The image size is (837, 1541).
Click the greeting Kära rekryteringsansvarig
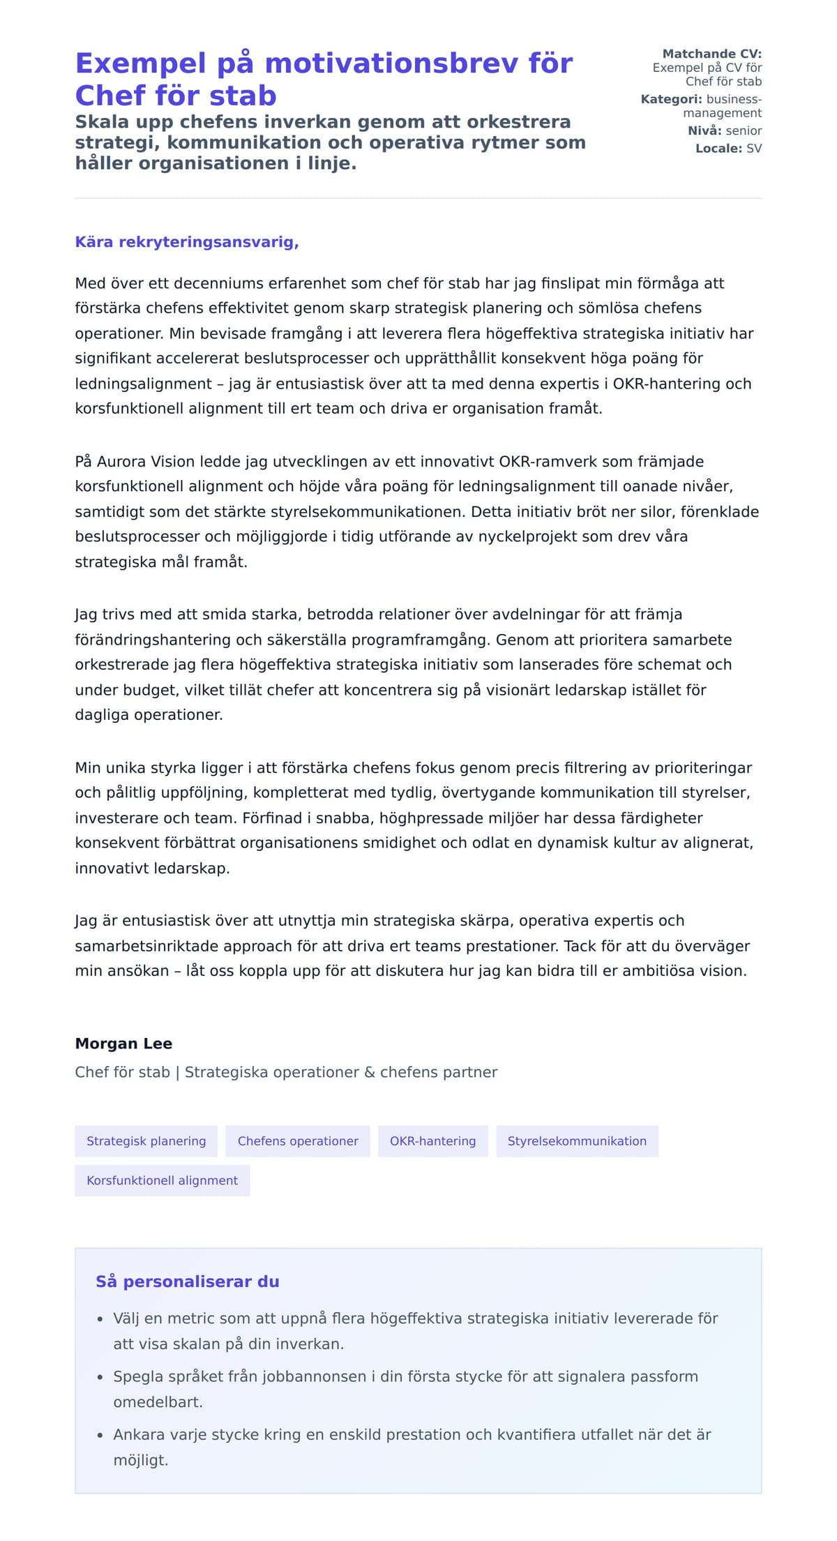click(x=186, y=242)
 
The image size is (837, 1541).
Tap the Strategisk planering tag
click(x=146, y=1141)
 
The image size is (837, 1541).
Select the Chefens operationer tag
click(x=298, y=1141)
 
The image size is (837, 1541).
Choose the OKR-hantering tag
click(x=432, y=1141)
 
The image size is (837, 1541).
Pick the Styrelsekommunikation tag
click(x=577, y=1141)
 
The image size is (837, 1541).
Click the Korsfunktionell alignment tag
click(x=162, y=1180)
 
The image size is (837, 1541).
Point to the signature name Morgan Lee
click(x=123, y=1044)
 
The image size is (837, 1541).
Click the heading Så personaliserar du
click(x=187, y=1281)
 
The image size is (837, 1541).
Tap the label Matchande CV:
click(x=711, y=54)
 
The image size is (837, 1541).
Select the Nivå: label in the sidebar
click(x=704, y=130)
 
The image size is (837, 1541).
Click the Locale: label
click(x=718, y=149)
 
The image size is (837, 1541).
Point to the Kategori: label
click(x=671, y=99)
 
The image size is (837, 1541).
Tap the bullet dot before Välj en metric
click(x=100, y=1319)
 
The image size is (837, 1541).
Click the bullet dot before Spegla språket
click(x=100, y=1377)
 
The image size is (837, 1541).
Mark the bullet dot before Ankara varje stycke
click(x=100, y=1435)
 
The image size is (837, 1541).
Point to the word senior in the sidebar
click(x=744, y=130)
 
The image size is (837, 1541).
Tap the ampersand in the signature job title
click(x=370, y=1072)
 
